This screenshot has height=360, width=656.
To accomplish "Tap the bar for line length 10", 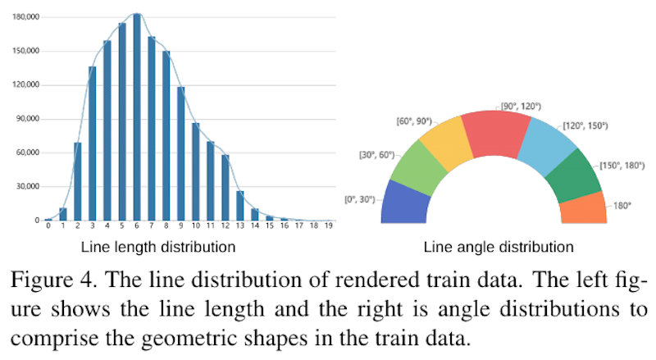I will (x=195, y=171).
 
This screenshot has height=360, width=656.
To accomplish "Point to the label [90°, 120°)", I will (x=521, y=106).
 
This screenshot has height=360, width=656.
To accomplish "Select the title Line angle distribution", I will (x=498, y=246).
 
